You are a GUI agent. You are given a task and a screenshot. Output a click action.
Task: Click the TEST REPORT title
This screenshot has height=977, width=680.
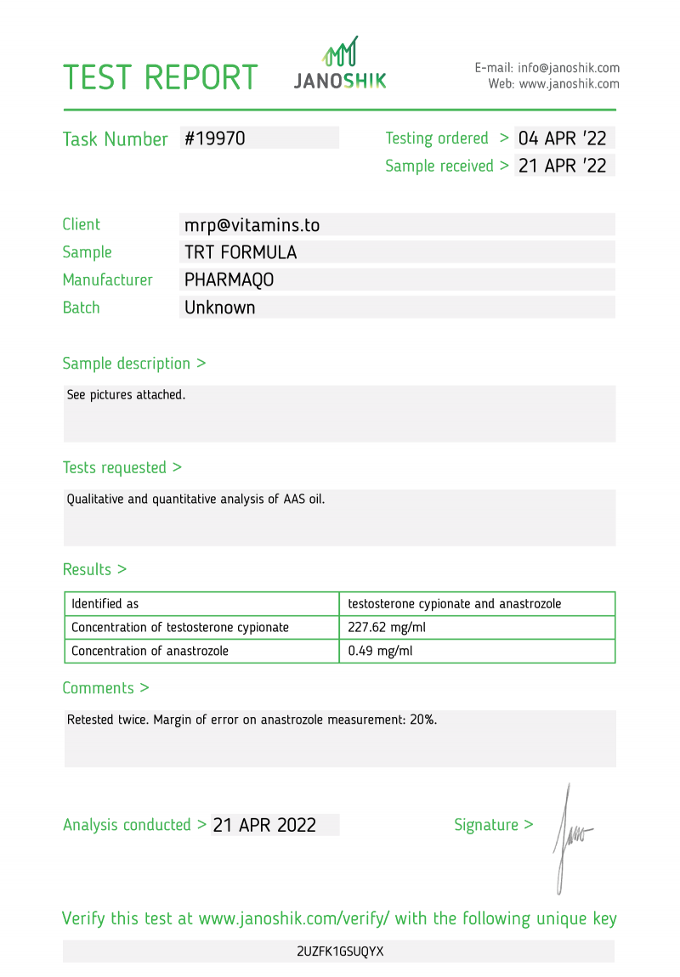[160, 77]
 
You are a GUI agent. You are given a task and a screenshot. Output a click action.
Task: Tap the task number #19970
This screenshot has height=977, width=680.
[215, 138]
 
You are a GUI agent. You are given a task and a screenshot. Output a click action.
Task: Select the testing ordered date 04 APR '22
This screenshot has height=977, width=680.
[563, 138]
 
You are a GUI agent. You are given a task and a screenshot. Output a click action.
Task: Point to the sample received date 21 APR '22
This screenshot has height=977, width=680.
[563, 166]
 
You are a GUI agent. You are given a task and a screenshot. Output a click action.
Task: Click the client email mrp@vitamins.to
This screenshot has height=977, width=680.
[252, 225]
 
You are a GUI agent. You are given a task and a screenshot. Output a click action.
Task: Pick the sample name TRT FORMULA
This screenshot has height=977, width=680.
[241, 252]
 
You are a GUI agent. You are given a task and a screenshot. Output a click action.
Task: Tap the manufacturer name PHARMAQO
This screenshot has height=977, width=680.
[229, 280]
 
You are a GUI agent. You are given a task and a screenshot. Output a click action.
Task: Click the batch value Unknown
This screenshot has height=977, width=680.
[220, 308]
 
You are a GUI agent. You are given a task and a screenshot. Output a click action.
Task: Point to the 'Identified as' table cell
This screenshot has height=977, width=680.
[105, 604]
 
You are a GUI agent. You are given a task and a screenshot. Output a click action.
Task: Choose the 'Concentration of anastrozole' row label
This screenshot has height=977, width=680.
[150, 652]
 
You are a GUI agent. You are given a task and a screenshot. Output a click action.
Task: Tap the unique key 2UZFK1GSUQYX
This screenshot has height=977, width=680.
[340, 952]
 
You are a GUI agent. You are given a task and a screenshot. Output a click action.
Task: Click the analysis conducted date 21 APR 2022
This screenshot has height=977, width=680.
[265, 825]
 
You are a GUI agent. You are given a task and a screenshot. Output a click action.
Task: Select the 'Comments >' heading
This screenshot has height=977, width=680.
[106, 688]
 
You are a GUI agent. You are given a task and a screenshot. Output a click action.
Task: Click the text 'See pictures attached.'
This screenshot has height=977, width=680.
[126, 395]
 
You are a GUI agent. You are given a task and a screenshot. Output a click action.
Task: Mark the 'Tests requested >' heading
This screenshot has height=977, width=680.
[122, 467]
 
